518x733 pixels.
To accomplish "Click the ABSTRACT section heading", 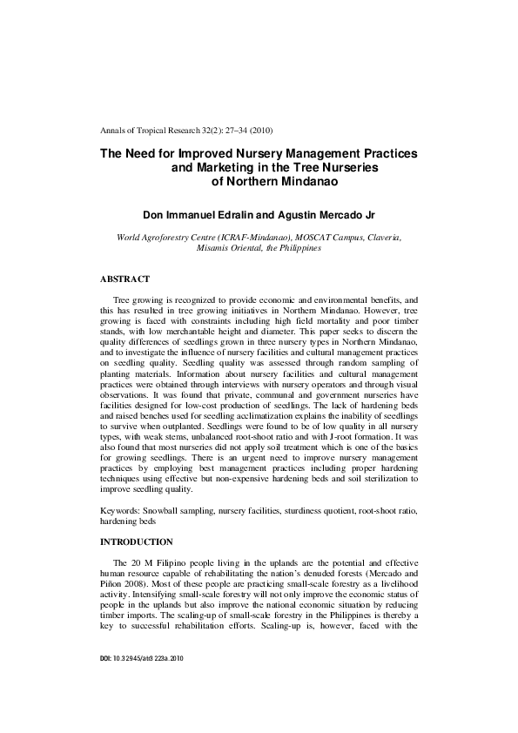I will pos(124,279).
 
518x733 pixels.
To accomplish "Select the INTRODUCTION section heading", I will pos(136,541).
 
